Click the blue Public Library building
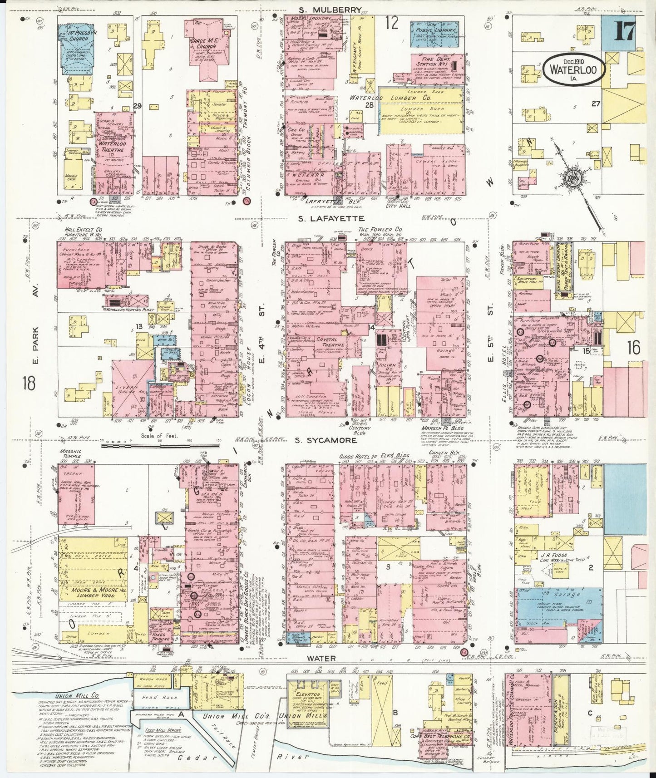tap(435, 32)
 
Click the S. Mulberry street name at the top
tap(330, 10)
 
